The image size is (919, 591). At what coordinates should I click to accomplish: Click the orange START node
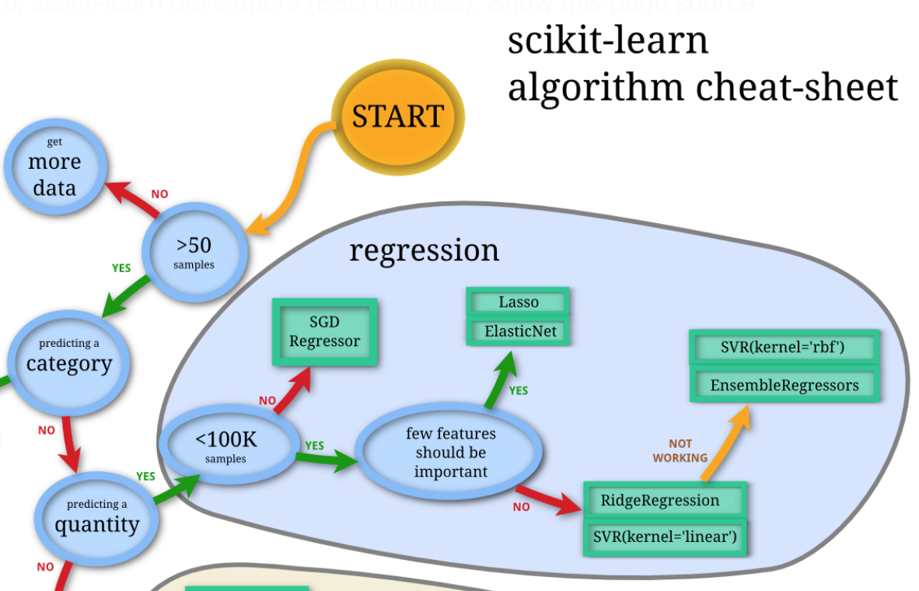point(397,116)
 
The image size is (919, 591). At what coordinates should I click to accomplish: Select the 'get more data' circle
point(54,166)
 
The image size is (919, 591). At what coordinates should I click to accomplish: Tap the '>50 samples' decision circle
point(194,251)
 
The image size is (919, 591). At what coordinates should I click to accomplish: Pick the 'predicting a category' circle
point(69,358)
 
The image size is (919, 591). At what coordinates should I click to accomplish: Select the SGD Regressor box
point(324,332)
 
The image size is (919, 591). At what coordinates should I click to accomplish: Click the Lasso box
point(518,302)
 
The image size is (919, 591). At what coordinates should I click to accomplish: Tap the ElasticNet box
point(518,331)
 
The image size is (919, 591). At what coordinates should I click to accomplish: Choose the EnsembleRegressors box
point(784,385)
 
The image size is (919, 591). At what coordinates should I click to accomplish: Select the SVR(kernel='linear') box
point(665,537)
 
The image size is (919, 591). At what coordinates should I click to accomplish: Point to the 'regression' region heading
point(424,250)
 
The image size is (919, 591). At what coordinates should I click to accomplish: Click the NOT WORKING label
point(680,451)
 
